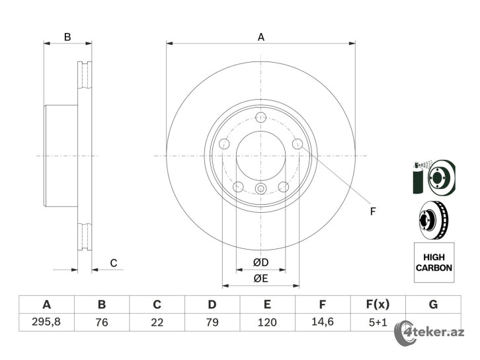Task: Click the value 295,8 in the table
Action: [x=46, y=322]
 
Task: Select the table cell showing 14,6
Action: [x=323, y=322]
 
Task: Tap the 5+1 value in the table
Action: [x=378, y=322]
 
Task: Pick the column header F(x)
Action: [x=378, y=305]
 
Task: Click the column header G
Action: [x=433, y=305]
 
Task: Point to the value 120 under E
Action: [x=267, y=322]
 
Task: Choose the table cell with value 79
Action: [x=212, y=322]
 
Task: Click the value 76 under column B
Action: [x=102, y=322]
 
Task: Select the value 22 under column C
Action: [x=157, y=322]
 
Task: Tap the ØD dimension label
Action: [x=260, y=262]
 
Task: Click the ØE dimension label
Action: [x=260, y=278]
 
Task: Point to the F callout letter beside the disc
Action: [x=372, y=211]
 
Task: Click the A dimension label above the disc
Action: [x=260, y=37]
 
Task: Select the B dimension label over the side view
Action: [x=67, y=37]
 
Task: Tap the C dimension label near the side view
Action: [x=114, y=263]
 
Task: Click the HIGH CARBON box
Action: [x=434, y=262]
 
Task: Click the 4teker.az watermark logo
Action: [x=429, y=333]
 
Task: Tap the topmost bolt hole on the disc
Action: [x=260, y=117]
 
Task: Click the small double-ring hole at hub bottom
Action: [x=260, y=189]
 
